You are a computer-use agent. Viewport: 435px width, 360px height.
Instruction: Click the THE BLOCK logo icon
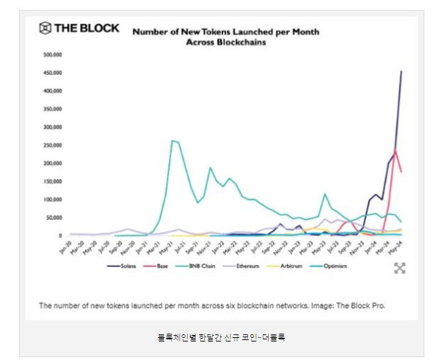45,28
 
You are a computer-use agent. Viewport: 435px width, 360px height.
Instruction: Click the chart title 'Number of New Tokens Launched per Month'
226,32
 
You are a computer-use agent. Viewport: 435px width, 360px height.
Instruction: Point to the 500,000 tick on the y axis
53,54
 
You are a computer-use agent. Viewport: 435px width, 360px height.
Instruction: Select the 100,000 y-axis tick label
53,199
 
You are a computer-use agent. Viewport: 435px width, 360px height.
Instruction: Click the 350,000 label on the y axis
53,109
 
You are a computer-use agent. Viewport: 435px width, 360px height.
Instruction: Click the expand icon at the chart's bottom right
399,268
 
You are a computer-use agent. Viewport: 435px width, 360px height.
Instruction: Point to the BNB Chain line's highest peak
173,141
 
